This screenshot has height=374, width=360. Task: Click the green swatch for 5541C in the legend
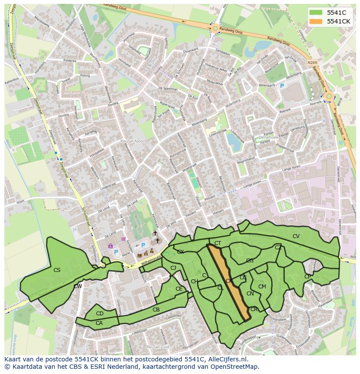click(317, 13)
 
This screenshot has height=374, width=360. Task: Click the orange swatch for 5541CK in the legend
click(317, 21)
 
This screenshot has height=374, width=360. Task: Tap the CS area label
click(57, 270)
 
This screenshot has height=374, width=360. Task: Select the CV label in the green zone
click(296, 236)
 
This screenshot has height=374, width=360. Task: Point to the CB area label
click(156, 310)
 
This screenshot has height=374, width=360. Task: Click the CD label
click(100, 314)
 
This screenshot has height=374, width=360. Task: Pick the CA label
click(99, 323)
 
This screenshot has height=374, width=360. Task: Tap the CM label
click(262, 287)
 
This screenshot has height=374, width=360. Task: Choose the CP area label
click(308, 277)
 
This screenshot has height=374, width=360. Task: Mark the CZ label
click(278, 248)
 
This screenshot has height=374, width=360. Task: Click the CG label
click(250, 261)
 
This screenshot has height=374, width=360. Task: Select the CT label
click(218, 243)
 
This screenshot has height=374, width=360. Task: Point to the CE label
click(179, 289)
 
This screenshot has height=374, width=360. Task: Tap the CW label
click(78, 286)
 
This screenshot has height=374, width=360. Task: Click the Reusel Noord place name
click(134, 141)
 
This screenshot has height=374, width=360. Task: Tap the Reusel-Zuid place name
click(157, 347)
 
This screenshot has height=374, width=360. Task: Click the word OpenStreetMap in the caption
click(235, 367)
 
